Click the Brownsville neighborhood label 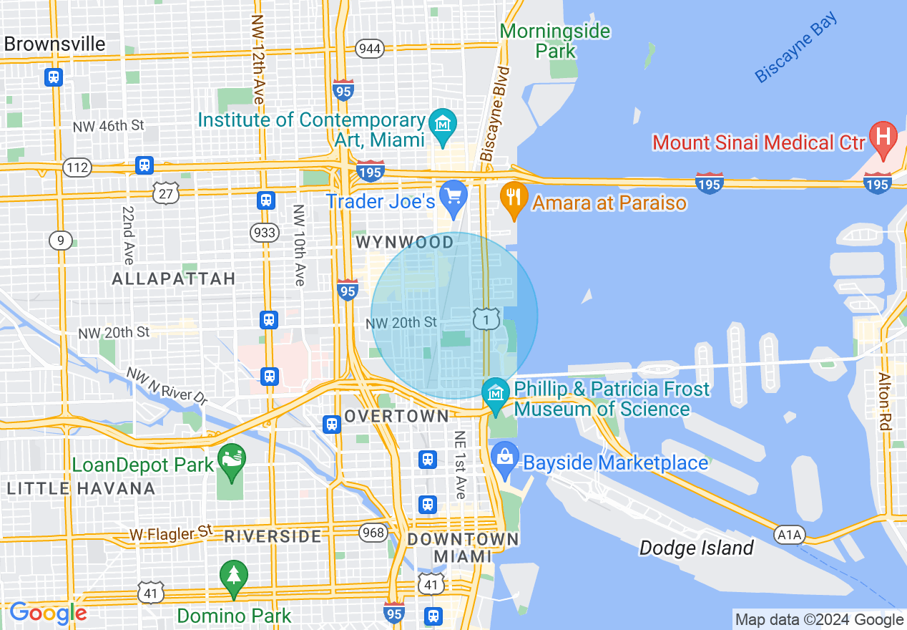54,44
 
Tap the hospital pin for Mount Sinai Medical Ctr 883,136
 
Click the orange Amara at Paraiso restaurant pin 514,196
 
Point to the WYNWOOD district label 405,243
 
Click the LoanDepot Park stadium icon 232,457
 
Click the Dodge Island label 696,548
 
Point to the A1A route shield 790,534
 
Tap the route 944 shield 370,49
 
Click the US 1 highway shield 486,319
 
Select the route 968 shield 373,533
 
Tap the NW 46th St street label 108,126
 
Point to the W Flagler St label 172,533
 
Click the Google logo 48,613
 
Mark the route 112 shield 77,168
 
